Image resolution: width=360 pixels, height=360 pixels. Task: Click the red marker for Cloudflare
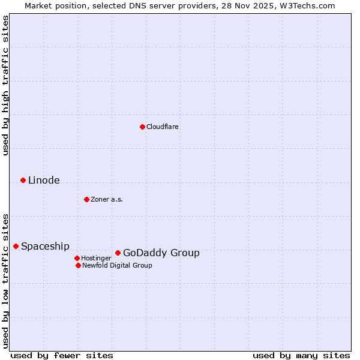coord(142,127)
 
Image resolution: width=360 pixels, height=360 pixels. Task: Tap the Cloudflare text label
coord(162,127)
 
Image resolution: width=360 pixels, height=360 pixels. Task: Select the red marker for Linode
coord(23,180)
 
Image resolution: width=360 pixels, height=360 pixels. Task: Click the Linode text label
coord(44,180)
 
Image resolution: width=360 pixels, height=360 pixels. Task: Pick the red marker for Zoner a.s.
coord(86,199)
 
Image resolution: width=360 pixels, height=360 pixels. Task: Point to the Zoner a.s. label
coord(107,199)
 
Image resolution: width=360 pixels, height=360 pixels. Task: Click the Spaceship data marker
coord(16,246)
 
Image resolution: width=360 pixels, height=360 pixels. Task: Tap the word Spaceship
coord(45,246)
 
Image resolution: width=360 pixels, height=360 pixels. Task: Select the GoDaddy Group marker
coord(118,253)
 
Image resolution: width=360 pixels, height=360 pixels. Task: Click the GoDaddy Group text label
coord(161,253)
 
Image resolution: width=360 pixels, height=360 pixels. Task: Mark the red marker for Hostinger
coord(77,258)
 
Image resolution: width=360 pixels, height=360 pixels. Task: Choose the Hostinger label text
coord(96,258)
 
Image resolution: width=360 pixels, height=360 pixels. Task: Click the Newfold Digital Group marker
coord(78,265)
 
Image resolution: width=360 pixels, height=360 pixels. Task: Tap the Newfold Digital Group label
coord(117,265)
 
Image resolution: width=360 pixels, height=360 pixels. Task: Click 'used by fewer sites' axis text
coord(62,355)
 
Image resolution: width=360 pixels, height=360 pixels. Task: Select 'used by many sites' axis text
coord(301,355)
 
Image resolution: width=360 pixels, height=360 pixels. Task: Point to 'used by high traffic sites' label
coord(5,85)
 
